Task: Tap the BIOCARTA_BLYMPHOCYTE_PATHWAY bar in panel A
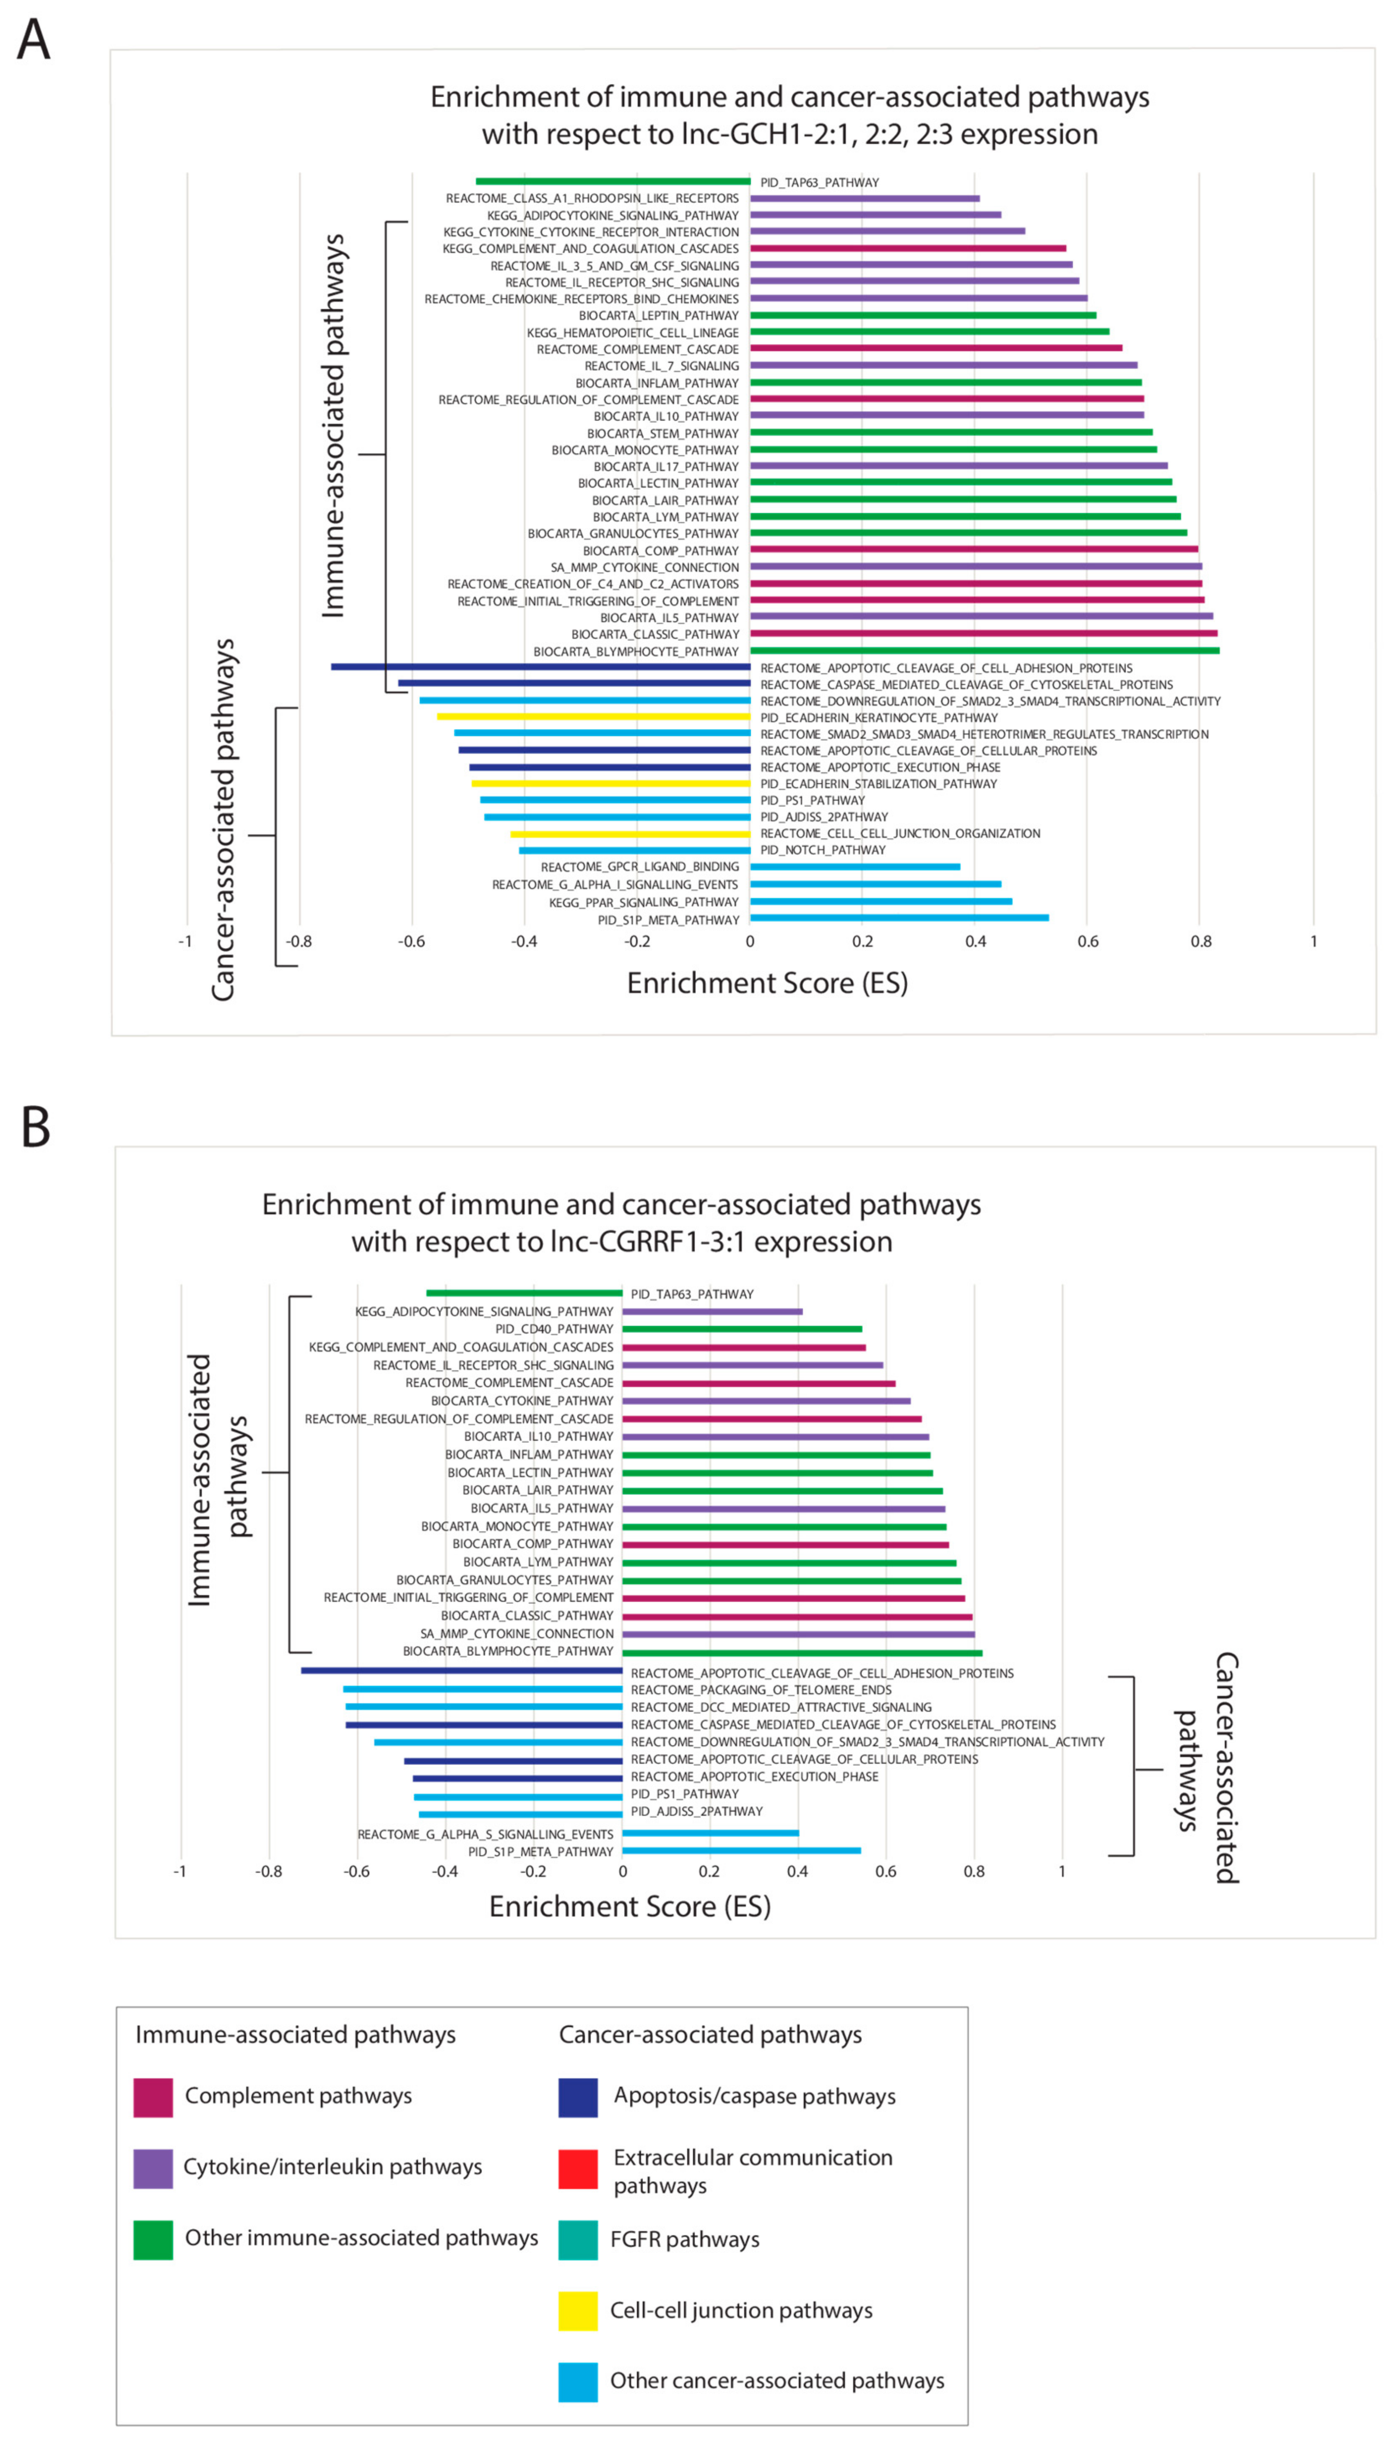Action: [x=985, y=650]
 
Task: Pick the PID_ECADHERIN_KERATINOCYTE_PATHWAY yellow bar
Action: [x=593, y=716]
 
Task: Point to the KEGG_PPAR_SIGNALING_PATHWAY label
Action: [x=644, y=902]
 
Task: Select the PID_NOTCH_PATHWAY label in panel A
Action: [x=822, y=850]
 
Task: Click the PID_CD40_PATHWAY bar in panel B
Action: [x=742, y=1329]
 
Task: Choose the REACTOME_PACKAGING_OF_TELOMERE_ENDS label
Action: [x=761, y=1690]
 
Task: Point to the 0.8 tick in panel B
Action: [x=974, y=1871]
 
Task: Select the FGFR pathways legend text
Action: [x=685, y=2239]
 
